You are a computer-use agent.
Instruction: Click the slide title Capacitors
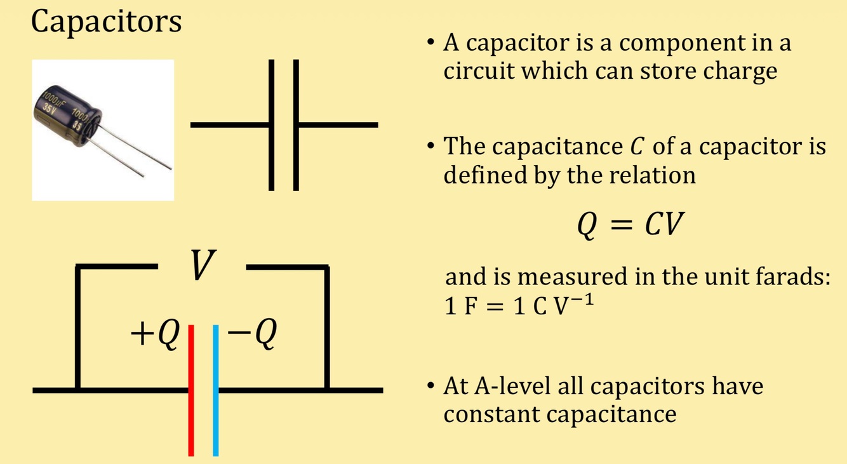[106, 22]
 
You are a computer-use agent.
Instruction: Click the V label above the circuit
[202, 266]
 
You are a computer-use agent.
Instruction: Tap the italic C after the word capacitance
[635, 147]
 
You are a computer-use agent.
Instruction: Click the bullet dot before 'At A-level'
[431, 386]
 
